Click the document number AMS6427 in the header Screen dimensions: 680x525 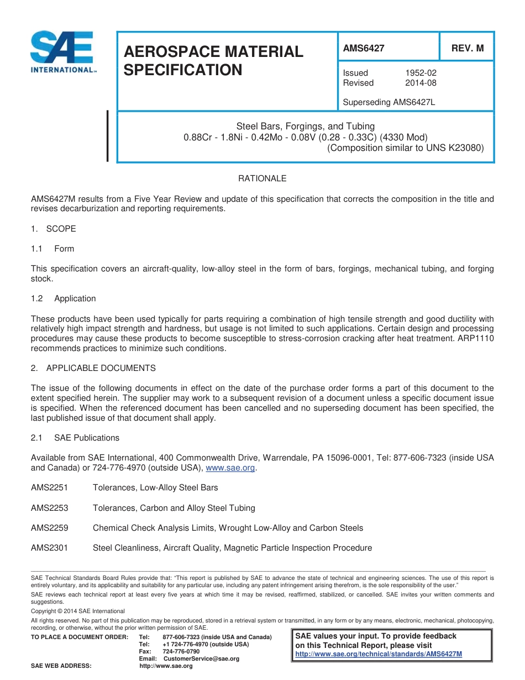coord(363,48)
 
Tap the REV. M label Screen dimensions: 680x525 coord(467,48)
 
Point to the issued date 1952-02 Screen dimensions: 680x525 coord(421,73)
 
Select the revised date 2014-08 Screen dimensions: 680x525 coord(421,83)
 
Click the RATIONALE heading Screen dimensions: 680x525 coord(262,179)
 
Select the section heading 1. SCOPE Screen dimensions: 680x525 coord(54,229)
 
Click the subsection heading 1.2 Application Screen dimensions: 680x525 coord(64,299)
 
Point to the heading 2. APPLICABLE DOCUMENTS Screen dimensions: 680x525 coord(93,368)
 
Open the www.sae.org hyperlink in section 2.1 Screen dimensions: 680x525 coord(230,468)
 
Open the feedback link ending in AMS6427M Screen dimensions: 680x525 coord(379,654)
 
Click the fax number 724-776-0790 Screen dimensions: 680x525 coord(181,652)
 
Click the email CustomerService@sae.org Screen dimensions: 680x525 coord(201,659)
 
